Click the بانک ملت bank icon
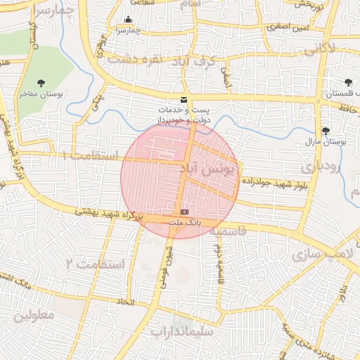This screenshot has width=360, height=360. [184, 211]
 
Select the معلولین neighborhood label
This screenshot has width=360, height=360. [33, 315]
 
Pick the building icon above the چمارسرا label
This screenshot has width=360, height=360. [128, 20]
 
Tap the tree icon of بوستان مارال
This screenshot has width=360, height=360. [325, 131]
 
